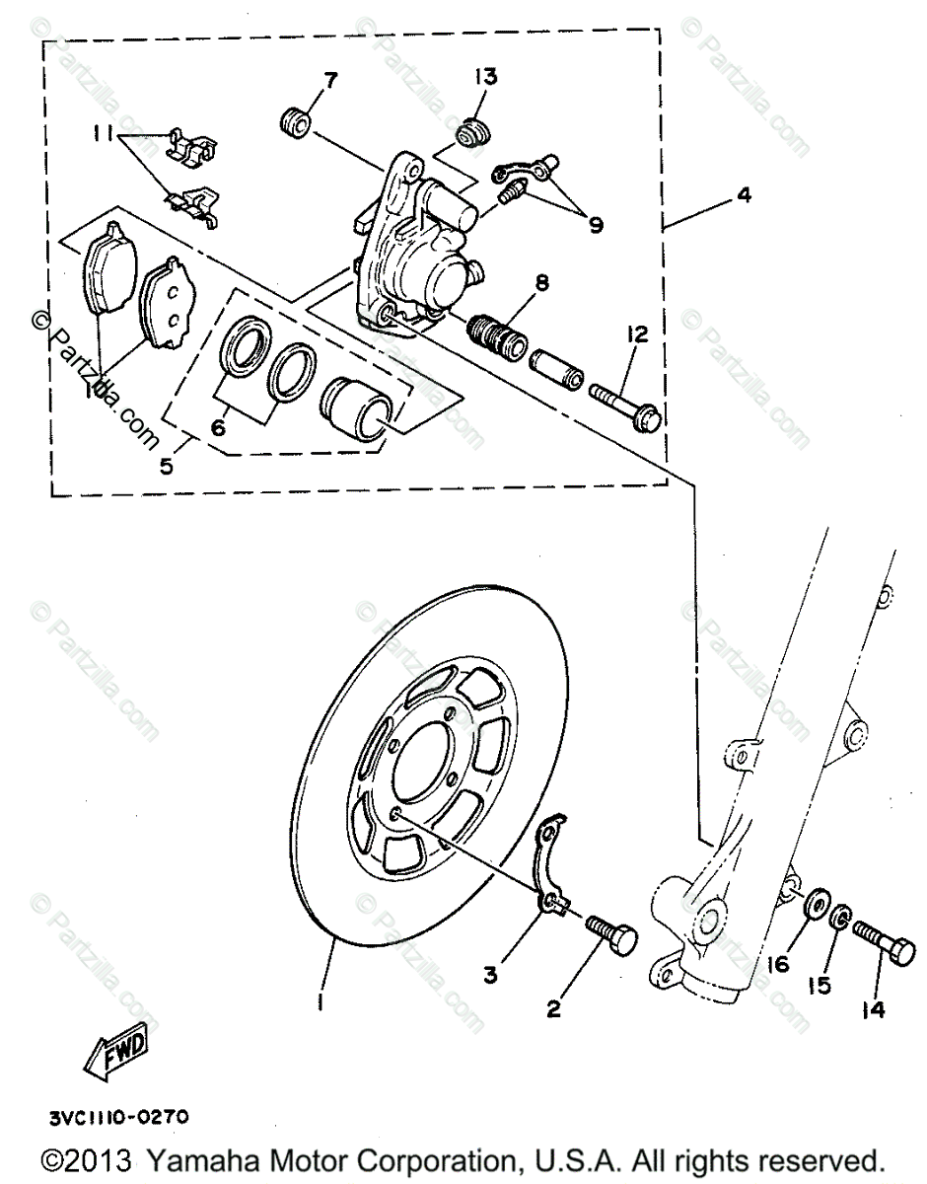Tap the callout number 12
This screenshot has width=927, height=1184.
click(x=636, y=336)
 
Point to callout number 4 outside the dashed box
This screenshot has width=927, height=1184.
click(x=743, y=196)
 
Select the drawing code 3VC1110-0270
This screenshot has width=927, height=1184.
click(x=114, y=1119)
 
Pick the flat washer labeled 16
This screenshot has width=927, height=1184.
click(x=815, y=905)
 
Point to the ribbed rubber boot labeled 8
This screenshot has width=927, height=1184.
click(x=500, y=335)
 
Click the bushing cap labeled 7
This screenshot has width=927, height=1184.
click(x=293, y=124)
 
